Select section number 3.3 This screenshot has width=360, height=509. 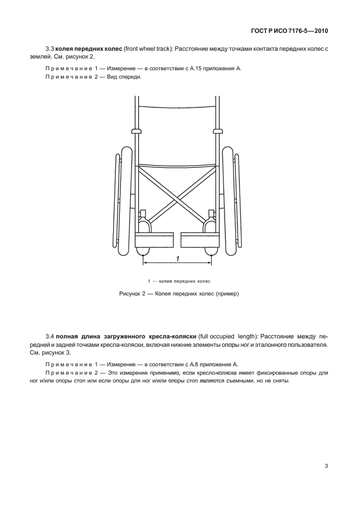pyautogui.click(x=48, y=50)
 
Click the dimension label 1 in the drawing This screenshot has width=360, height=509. pyautogui.click(x=177, y=258)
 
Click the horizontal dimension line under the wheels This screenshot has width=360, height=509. pyautogui.click(x=177, y=263)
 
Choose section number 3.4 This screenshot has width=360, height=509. pyautogui.click(x=48, y=337)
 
